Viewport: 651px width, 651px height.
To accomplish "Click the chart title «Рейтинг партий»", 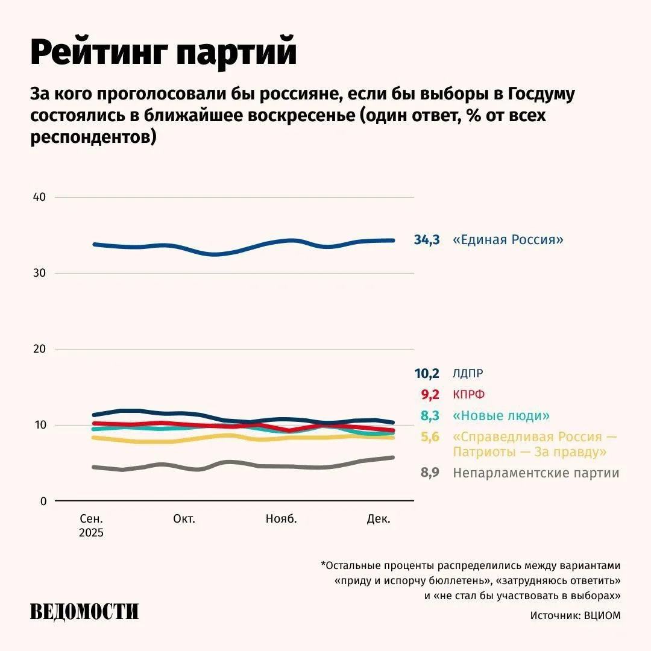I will coord(163,52).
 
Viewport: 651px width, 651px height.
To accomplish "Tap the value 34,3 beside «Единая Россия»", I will coord(427,240).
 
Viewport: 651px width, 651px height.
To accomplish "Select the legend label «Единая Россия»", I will coord(508,240).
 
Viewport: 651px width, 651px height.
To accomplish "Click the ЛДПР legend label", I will coord(468,373).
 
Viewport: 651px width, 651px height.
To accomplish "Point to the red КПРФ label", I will coord(469,395).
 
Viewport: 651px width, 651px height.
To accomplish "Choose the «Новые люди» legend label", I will coord(502,416).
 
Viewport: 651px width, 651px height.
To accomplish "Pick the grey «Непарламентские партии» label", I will coord(536,473).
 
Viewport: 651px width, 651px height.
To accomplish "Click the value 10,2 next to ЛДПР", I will coord(427,373).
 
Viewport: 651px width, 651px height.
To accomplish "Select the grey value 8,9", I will coord(429,473).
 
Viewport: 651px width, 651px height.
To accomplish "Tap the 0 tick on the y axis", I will coord(42,501).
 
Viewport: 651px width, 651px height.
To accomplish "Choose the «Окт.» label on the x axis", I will coord(184,519).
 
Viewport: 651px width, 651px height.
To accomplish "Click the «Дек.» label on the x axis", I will coord(379,519).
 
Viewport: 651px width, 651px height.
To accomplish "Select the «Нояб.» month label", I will coord(281,519).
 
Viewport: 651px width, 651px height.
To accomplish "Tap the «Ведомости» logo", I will coord(84,611).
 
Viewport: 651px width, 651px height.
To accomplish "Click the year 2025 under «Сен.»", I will coord(91,533).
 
